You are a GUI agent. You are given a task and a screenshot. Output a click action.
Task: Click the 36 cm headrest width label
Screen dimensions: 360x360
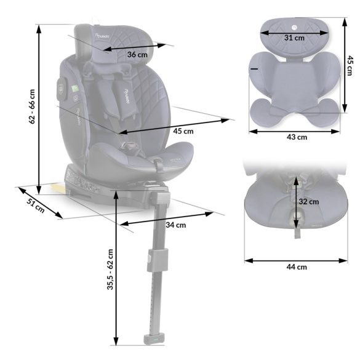tap(137, 55)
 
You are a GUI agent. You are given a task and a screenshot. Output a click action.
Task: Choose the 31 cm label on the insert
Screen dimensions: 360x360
tap(294, 38)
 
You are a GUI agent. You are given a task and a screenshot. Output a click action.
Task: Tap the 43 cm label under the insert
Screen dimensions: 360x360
tap(294, 137)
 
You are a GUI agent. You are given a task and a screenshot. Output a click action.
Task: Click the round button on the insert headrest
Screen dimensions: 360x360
tap(294, 27)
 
